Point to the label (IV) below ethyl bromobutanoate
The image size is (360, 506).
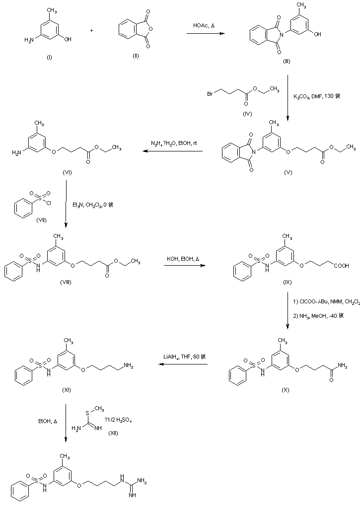tap(247, 114)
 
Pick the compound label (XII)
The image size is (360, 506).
tap(114, 434)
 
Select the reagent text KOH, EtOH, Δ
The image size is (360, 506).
tap(183, 259)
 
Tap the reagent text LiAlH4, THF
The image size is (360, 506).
tap(180, 357)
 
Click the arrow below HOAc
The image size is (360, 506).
tap(205, 33)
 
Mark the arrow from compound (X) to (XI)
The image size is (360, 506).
tap(183, 364)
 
